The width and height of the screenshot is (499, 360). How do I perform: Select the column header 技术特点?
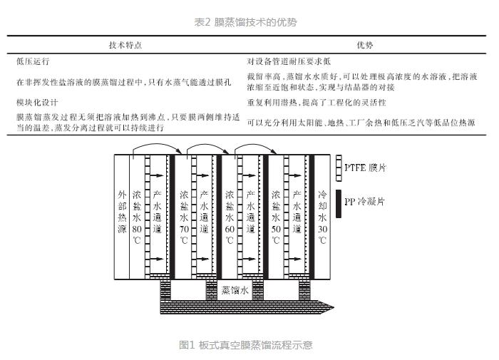pyautogui.click(x=125, y=45)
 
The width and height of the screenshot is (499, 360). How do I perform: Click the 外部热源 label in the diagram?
pyautogui.click(x=122, y=211)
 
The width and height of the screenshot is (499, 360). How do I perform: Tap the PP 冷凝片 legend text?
pyautogui.click(x=365, y=202)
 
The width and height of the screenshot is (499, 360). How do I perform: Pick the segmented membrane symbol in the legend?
pyautogui.click(x=339, y=167)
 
